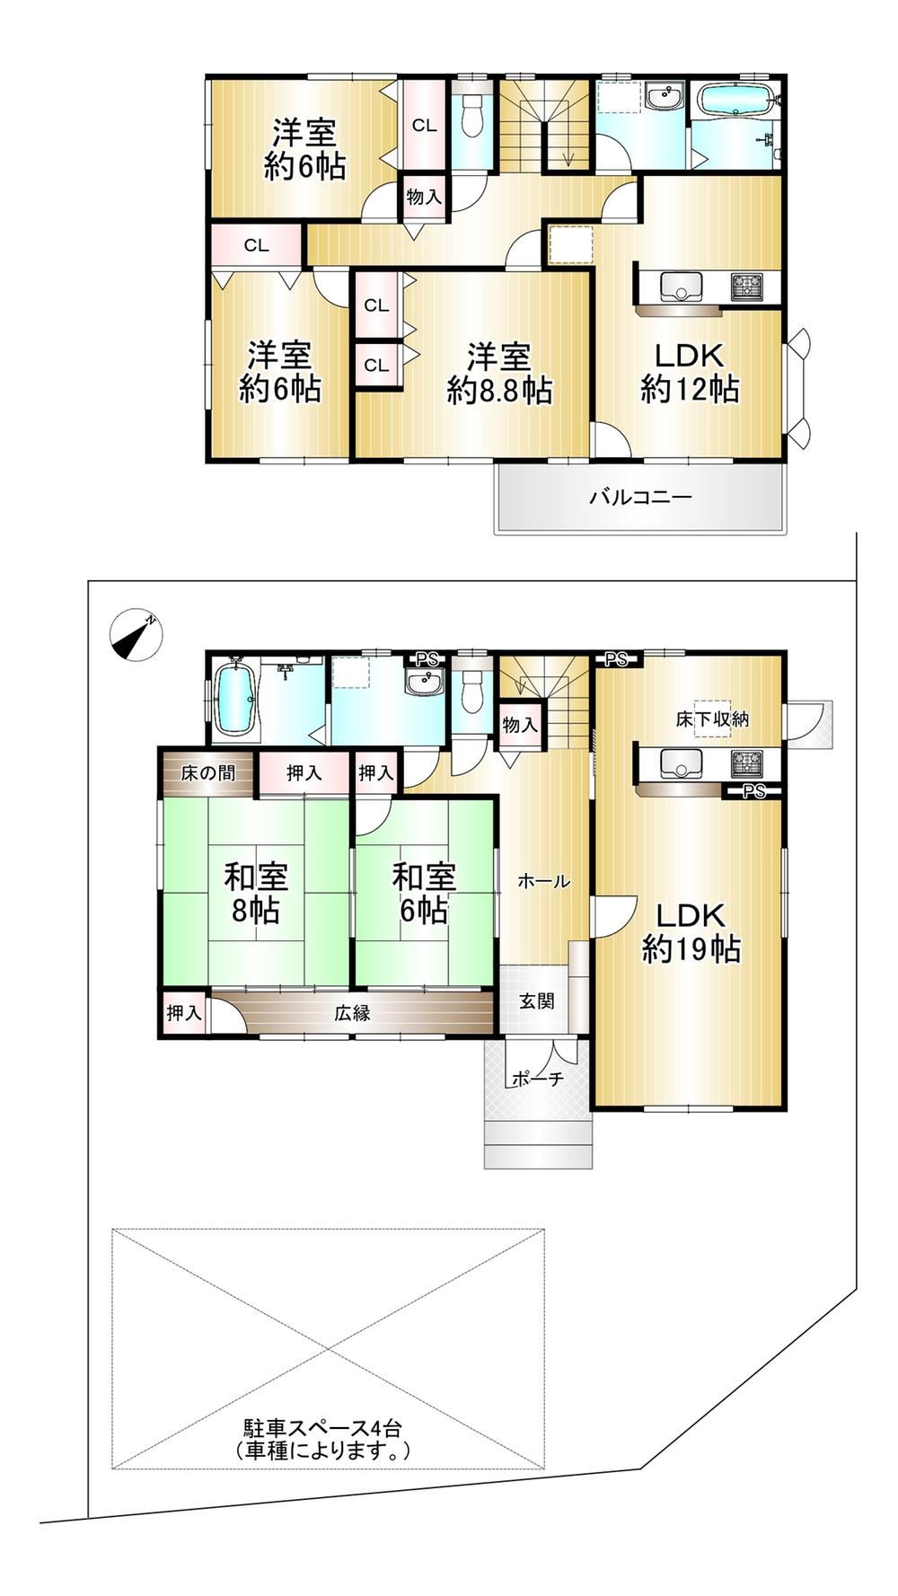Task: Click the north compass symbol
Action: [x=136, y=636]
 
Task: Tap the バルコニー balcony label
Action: [x=640, y=497]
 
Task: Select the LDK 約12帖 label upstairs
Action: [x=690, y=373]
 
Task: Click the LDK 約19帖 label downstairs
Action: [x=691, y=932]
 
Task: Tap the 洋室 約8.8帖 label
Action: [x=499, y=374]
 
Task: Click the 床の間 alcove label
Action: [x=208, y=773]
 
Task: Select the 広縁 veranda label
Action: [x=352, y=1014]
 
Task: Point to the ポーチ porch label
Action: [x=537, y=1079]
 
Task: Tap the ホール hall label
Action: [x=543, y=882]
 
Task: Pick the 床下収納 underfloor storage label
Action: [x=712, y=719]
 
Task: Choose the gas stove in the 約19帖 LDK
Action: [x=747, y=764]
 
